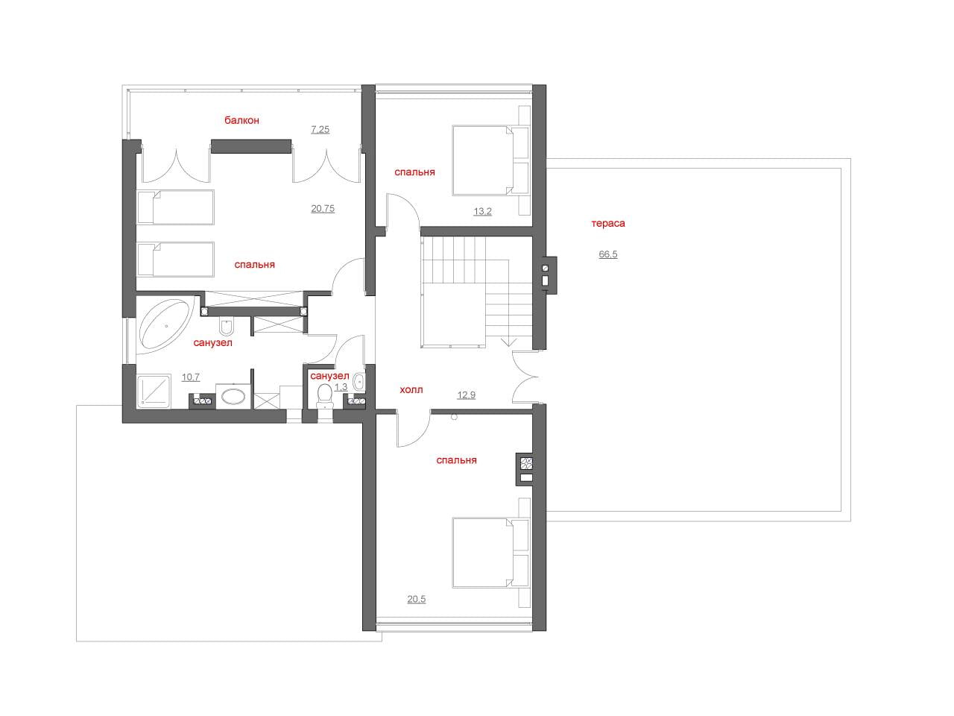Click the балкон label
[241, 120]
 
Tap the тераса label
[608, 224]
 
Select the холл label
[411, 389]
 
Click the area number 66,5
[608, 254]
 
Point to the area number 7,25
[320, 130]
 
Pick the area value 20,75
[323, 209]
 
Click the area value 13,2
[482, 212]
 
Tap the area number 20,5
[417, 599]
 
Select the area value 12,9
[467, 395]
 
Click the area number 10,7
[191, 377]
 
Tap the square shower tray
[154, 392]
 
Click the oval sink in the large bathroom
[233, 397]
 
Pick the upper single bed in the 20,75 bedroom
[176, 207]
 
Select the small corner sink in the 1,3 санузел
[359, 382]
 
